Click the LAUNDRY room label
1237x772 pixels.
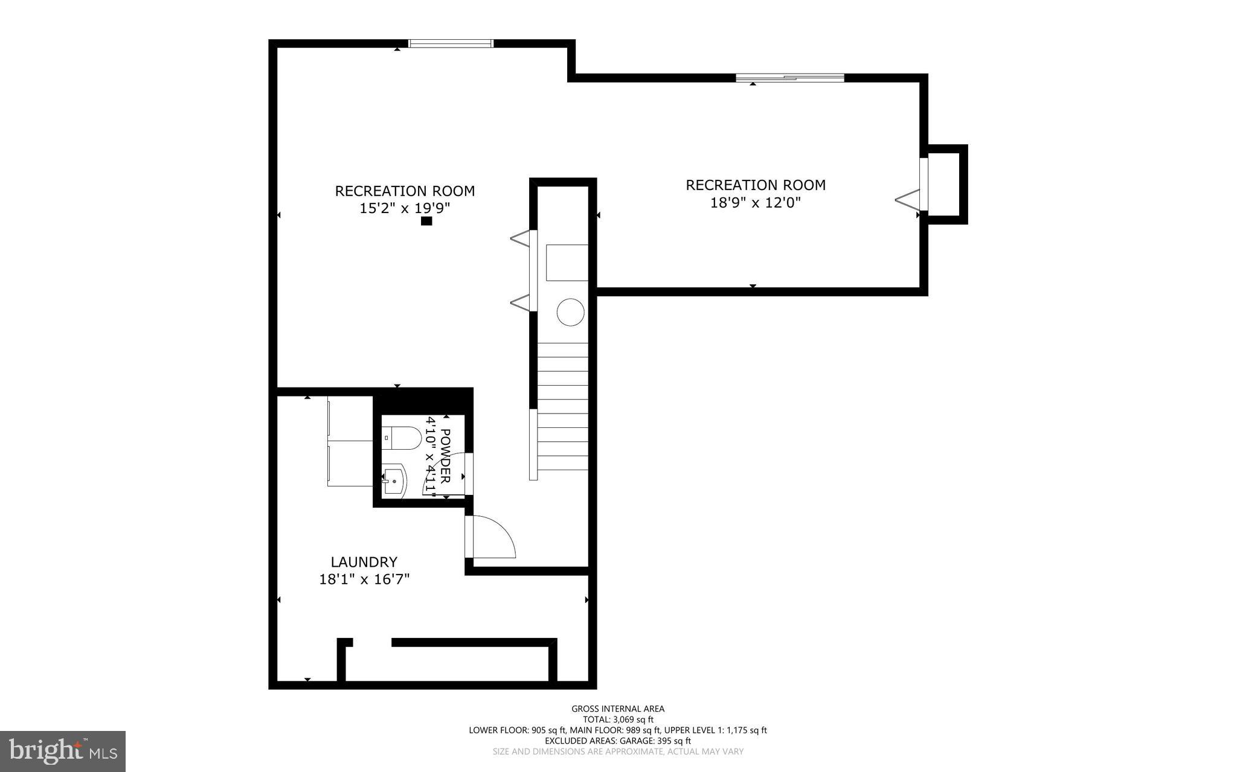tap(364, 562)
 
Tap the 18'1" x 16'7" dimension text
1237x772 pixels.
tap(364, 579)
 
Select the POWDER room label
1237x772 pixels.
tap(445, 456)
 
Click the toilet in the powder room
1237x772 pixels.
tap(402, 438)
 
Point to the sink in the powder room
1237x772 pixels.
tap(394, 482)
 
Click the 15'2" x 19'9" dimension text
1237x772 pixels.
tap(405, 208)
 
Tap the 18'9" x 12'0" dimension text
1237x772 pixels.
tap(755, 202)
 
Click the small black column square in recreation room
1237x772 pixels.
tap(426, 221)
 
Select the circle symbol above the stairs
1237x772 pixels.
tap(570, 313)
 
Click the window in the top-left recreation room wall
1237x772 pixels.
tap(451, 43)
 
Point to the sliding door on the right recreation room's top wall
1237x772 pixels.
tap(789, 77)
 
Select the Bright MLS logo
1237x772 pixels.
tap(62, 751)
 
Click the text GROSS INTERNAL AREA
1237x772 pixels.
tap(618, 709)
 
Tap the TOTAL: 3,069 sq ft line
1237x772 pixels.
tap(618, 719)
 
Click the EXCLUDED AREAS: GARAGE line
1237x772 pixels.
tap(618, 741)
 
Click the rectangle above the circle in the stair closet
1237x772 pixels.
tap(567, 263)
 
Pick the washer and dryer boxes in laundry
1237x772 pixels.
tap(350, 441)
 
